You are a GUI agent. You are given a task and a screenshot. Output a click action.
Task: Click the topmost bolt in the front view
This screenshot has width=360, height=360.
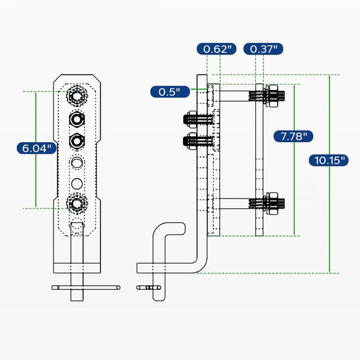[x=76, y=96]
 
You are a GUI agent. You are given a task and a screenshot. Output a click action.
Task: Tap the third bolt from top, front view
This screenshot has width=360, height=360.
[x=76, y=140]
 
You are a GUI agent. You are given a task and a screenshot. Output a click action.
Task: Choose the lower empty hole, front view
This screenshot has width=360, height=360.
[x=76, y=183]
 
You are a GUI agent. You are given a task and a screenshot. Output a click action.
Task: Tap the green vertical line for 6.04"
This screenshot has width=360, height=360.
[x=37, y=180]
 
